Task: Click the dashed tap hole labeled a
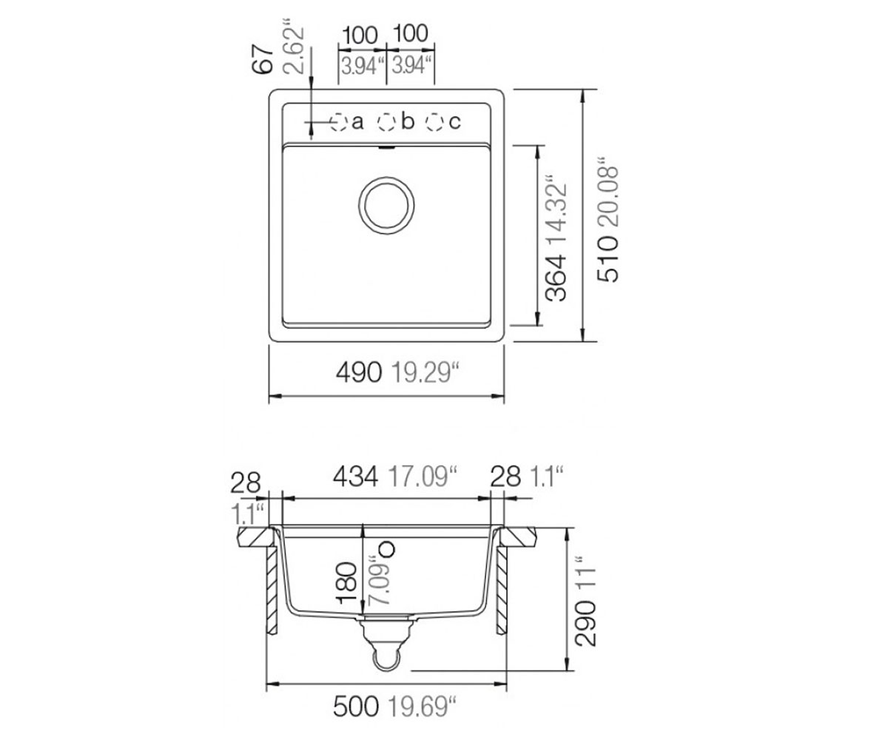(x=339, y=122)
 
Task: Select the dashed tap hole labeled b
(x=386, y=122)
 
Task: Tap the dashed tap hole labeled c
(x=434, y=122)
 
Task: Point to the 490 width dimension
(x=358, y=372)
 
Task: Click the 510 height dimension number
(x=608, y=260)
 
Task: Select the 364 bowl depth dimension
(x=556, y=277)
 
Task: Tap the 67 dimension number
(x=263, y=59)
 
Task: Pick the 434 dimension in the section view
(x=355, y=476)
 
